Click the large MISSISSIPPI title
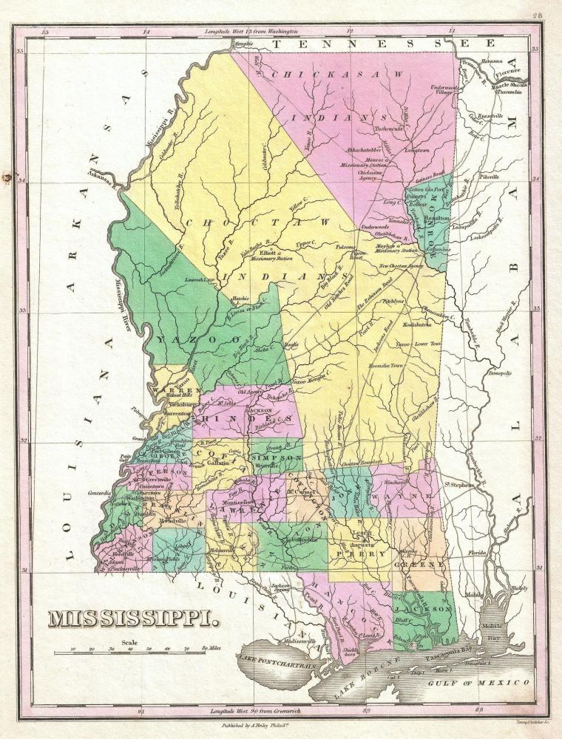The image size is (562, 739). click(135, 618)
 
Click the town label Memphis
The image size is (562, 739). click(237, 44)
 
